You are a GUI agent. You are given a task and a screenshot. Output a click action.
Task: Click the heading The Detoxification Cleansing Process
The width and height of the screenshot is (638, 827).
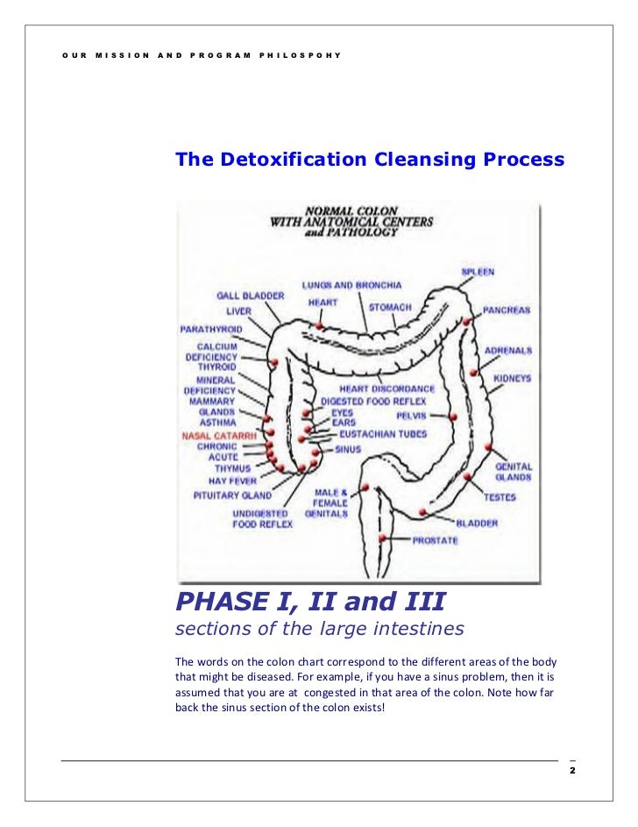click(x=370, y=160)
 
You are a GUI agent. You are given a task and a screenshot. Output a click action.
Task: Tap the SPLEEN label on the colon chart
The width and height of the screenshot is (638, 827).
click(x=478, y=272)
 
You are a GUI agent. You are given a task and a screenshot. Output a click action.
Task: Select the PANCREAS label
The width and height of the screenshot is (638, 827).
click(x=507, y=310)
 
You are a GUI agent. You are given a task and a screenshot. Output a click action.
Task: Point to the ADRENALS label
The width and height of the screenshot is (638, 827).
click(x=507, y=350)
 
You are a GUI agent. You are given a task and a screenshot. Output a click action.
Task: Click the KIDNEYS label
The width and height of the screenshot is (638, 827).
click(x=512, y=378)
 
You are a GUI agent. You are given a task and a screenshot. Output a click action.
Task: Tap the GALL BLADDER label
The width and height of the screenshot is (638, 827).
click(x=250, y=296)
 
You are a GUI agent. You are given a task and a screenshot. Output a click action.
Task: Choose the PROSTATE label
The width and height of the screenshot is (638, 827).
click(x=435, y=540)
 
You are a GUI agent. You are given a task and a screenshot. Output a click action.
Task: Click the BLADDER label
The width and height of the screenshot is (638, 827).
click(x=477, y=524)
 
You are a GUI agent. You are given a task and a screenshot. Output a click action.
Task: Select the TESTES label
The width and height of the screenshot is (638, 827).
click(x=500, y=497)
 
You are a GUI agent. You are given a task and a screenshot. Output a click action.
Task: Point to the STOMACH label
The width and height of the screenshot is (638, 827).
click(x=389, y=308)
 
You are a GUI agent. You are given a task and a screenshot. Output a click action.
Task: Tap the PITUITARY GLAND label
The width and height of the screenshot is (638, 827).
click(x=232, y=495)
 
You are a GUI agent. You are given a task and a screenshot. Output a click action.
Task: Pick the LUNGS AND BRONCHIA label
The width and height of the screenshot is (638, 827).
click(x=351, y=285)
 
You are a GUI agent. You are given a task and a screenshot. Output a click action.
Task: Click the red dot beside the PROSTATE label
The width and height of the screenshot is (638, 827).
click(x=382, y=537)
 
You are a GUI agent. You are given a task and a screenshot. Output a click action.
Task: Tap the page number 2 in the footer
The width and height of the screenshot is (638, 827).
click(x=571, y=771)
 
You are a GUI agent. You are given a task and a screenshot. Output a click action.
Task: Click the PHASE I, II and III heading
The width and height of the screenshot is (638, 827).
click(x=310, y=602)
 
